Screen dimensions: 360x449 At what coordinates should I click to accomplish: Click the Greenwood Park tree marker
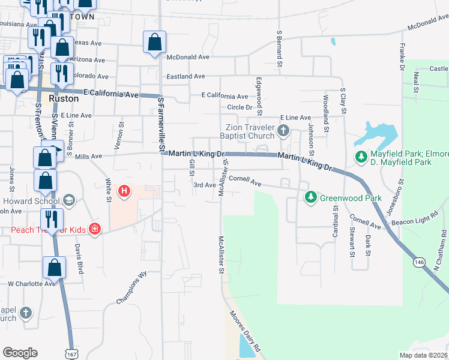311,197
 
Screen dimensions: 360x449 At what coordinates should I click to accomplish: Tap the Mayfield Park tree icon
361,157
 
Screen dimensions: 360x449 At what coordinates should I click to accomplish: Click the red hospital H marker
124,192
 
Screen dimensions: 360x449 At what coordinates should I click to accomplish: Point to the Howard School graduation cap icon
68,200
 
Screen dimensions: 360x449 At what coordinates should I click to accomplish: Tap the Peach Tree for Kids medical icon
94,229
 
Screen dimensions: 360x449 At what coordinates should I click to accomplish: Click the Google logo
20,353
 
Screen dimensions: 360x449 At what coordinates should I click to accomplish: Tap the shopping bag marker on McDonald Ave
155,43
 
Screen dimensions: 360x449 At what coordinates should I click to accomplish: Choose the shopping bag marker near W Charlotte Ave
54,269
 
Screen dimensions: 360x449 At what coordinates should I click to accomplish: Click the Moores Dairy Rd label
246,331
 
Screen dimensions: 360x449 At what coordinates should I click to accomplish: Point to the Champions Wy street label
131,289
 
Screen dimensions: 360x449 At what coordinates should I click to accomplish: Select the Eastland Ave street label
186,77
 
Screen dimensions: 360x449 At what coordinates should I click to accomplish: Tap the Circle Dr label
239,107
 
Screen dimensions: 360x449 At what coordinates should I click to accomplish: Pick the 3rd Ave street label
204,185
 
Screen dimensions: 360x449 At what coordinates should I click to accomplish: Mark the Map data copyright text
424,355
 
